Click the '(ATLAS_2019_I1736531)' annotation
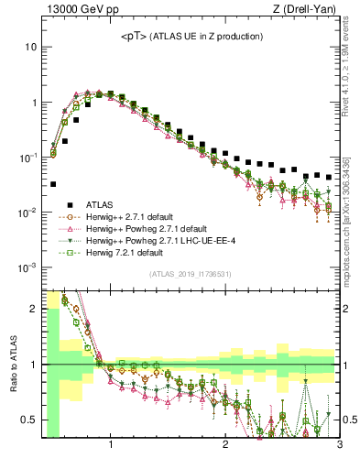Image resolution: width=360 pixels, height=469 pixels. click(191, 274)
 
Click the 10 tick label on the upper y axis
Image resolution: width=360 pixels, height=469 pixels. click(28, 47)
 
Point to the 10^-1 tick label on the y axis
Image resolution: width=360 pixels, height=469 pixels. click(27, 158)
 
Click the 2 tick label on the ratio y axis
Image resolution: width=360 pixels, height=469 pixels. click(32, 308)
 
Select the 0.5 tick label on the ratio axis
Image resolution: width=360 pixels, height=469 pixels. click(28, 420)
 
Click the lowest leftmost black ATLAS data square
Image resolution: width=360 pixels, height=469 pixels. click(53, 184)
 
